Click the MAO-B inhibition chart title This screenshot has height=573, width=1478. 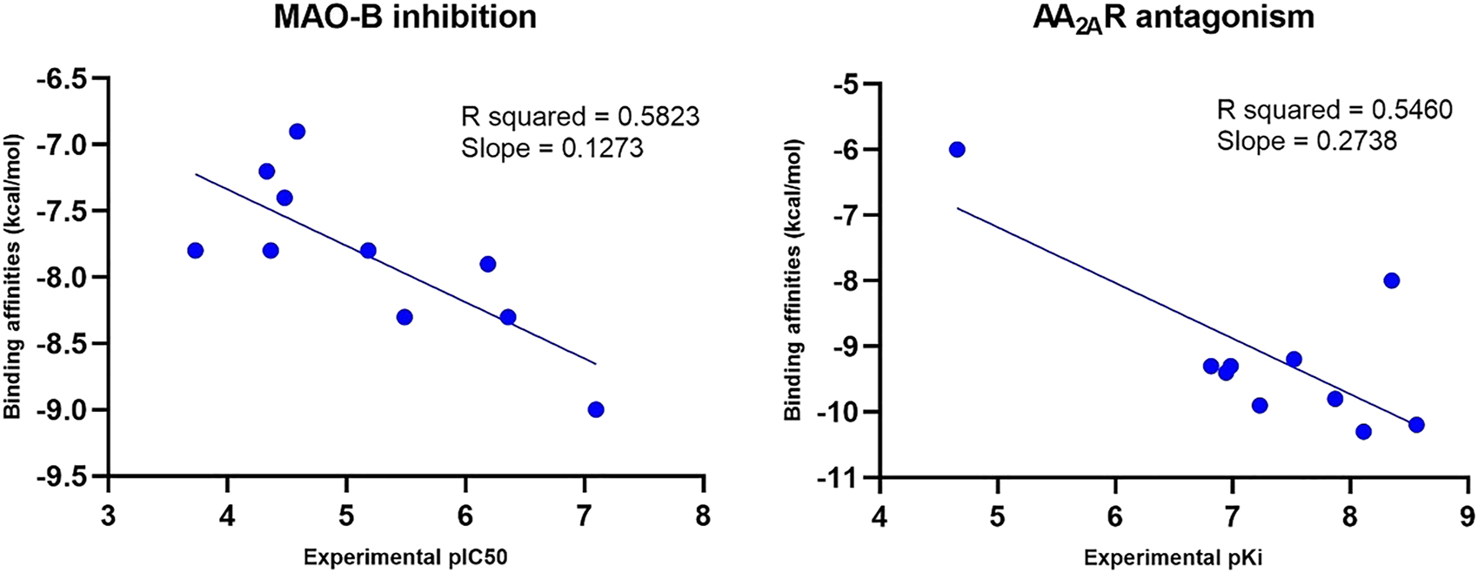tap(405, 17)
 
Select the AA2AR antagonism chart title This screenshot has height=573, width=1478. tap(1174, 17)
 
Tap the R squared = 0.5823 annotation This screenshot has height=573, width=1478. tap(579, 117)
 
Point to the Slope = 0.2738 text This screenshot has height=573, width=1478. tap(1307, 141)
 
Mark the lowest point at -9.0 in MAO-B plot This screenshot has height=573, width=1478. tap(596, 409)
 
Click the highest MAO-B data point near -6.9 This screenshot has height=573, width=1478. tap(297, 131)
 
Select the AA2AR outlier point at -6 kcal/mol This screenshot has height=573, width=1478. tap(957, 150)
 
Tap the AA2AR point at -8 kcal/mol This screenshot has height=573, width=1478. tap(1391, 280)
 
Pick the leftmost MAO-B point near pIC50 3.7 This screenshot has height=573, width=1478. tap(195, 251)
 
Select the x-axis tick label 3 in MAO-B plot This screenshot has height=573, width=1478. tap(109, 516)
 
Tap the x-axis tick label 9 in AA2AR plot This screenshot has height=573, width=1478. tap(1467, 516)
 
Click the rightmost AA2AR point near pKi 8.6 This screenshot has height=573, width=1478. tap(1416, 425)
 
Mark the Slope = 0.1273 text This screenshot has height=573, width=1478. tap(552, 148)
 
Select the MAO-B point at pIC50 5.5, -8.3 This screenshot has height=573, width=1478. tap(405, 317)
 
